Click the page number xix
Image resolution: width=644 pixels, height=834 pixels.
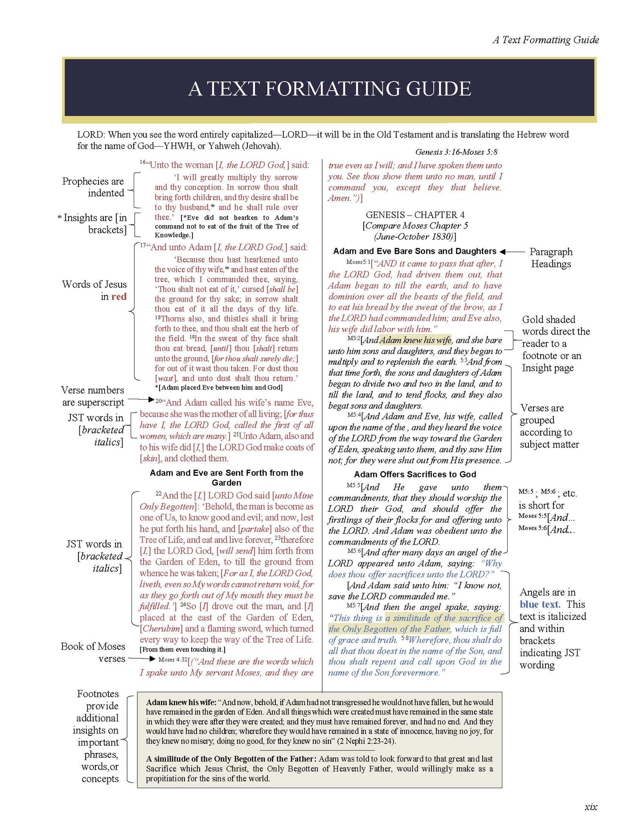pos(591,806)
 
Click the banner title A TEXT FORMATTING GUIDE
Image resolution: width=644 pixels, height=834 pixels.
pos(329,89)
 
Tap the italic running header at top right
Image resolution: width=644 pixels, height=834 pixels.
pos(546,40)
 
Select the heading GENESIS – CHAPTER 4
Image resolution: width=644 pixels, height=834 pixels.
pos(415,215)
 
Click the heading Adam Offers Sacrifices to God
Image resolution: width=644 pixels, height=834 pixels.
pos(415,475)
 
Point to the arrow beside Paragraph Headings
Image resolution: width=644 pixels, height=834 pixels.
pos(512,252)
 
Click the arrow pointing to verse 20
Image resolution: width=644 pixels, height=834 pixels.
pos(141,400)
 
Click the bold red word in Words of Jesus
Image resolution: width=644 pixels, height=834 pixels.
pos(119,297)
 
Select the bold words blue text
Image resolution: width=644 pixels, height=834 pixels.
pos(540,604)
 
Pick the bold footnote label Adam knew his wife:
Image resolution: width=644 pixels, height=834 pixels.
pos(181,702)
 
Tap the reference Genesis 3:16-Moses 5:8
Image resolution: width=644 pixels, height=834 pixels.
pos(456,152)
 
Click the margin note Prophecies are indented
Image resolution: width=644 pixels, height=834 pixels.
pos(93,187)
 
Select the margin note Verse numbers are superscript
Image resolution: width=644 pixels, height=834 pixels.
pos(93,396)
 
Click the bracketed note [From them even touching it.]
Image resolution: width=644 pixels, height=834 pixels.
pos(183,649)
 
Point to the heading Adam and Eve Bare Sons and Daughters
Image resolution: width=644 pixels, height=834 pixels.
pos(414,252)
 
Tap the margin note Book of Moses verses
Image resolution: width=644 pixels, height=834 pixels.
pos(93,652)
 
